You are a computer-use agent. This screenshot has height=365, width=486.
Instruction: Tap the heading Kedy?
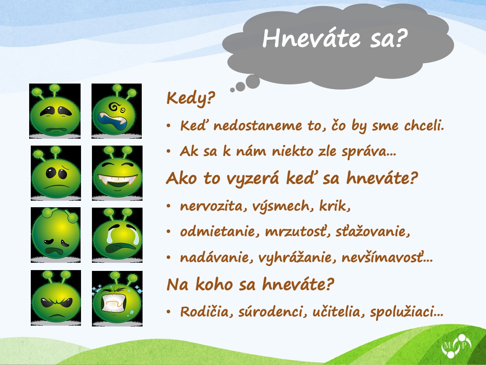[x=191, y=98]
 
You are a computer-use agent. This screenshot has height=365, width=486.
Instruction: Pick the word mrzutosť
[x=297, y=232]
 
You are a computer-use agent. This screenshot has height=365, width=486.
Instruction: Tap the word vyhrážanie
[x=297, y=258]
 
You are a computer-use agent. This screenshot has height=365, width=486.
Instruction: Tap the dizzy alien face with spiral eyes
[x=117, y=111]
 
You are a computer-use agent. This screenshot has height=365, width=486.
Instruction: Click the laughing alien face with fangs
[x=117, y=173]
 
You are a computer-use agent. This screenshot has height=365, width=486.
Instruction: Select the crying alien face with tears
[x=117, y=235]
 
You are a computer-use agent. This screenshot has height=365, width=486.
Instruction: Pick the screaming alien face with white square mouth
[x=117, y=298]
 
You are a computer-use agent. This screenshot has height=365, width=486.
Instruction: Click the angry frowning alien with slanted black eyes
[x=56, y=298]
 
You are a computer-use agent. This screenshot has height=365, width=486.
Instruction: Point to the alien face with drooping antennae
[x=55, y=235]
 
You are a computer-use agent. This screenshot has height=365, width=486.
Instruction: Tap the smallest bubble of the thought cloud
[x=232, y=90]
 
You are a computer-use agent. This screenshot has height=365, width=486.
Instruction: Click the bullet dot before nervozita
[x=169, y=206]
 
